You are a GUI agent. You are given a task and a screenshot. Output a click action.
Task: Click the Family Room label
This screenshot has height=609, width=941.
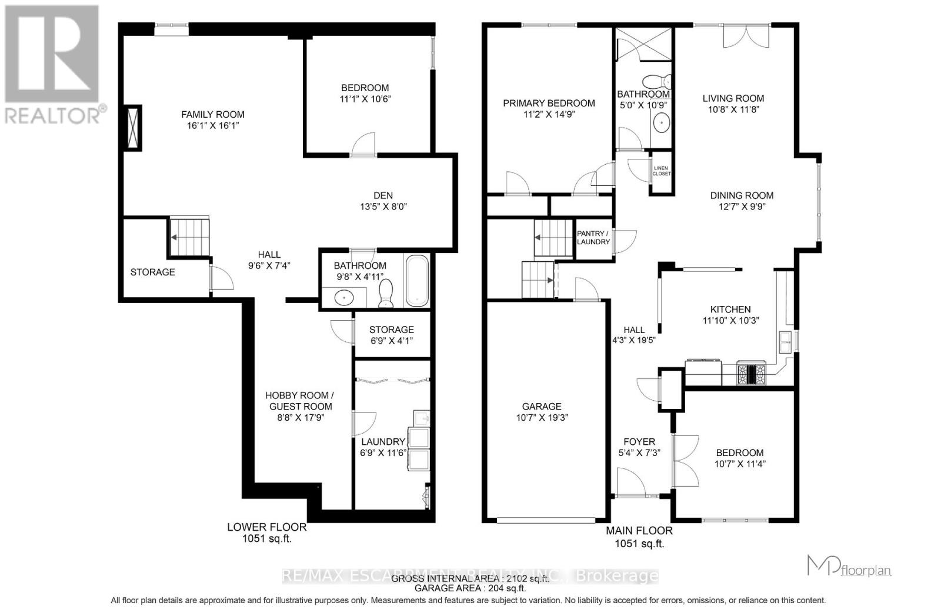pyautogui.click(x=212, y=115)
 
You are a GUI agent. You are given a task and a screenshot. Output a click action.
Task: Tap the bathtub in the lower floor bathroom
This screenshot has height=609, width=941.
pyautogui.click(x=417, y=281)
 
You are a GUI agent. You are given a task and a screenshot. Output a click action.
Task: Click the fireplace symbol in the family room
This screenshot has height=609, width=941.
pyautogui.click(x=132, y=128)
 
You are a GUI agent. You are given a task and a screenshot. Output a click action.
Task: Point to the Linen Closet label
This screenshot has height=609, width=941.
pyautogui.click(x=661, y=171)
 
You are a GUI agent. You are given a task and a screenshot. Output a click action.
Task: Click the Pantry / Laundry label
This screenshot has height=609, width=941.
pyautogui.click(x=593, y=238)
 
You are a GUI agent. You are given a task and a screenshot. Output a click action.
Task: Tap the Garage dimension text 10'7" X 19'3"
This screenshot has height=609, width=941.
pyautogui.click(x=541, y=418)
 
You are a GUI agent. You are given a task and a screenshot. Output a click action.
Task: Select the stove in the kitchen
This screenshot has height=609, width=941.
pyautogui.click(x=752, y=374)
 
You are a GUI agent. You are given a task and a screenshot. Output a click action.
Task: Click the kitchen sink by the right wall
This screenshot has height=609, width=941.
pyautogui.click(x=785, y=342)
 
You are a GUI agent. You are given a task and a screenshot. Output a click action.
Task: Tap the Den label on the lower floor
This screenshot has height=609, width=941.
pyautogui.click(x=383, y=195)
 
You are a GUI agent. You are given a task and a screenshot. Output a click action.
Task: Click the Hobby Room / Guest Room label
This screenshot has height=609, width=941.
pyautogui.click(x=300, y=401)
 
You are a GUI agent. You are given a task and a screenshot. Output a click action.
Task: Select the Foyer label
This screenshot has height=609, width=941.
pyautogui.click(x=639, y=441)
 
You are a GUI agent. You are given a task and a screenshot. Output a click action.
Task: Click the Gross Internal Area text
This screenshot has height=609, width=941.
pyautogui.click(x=470, y=578)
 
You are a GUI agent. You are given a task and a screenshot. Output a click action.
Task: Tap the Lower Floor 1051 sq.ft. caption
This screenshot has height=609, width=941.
pyautogui.click(x=266, y=533)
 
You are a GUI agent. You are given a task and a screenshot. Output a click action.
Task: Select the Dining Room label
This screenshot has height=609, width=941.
pyautogui.click(x=741, y=195)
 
